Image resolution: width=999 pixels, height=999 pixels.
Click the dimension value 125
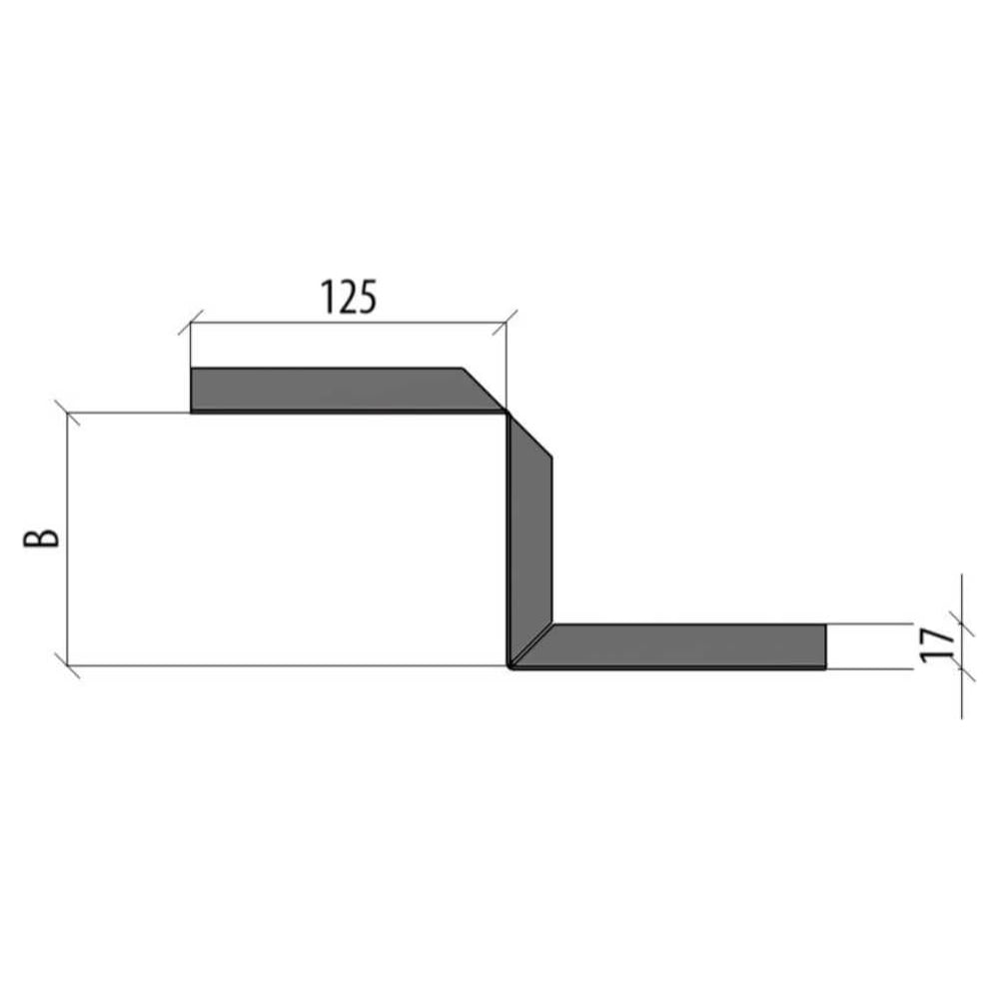point(349,297)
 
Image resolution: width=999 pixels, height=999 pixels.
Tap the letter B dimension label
point(41,538)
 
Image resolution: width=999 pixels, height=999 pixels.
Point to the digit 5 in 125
point(367,297)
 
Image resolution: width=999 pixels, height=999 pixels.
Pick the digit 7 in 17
point(938,637)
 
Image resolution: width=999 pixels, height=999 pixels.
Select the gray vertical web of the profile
point(530,538)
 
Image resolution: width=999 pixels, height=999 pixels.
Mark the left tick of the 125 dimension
point(191,323)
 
